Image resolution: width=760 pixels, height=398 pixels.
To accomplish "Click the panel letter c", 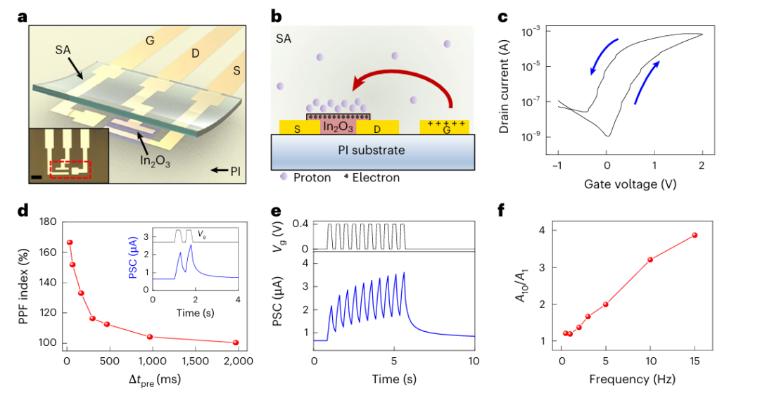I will pos(503,15).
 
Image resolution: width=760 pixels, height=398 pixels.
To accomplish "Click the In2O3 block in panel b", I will pos(338,127).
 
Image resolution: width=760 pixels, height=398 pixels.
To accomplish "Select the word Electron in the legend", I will pos(376,178).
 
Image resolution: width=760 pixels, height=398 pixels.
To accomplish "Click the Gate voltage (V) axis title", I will pos(631,184).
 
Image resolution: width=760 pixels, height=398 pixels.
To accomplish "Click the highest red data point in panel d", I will pos(70,242).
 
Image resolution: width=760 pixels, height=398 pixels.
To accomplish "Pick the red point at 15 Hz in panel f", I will pos(695,235).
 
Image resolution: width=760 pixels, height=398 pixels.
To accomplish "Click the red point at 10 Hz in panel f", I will pos(650,259).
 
